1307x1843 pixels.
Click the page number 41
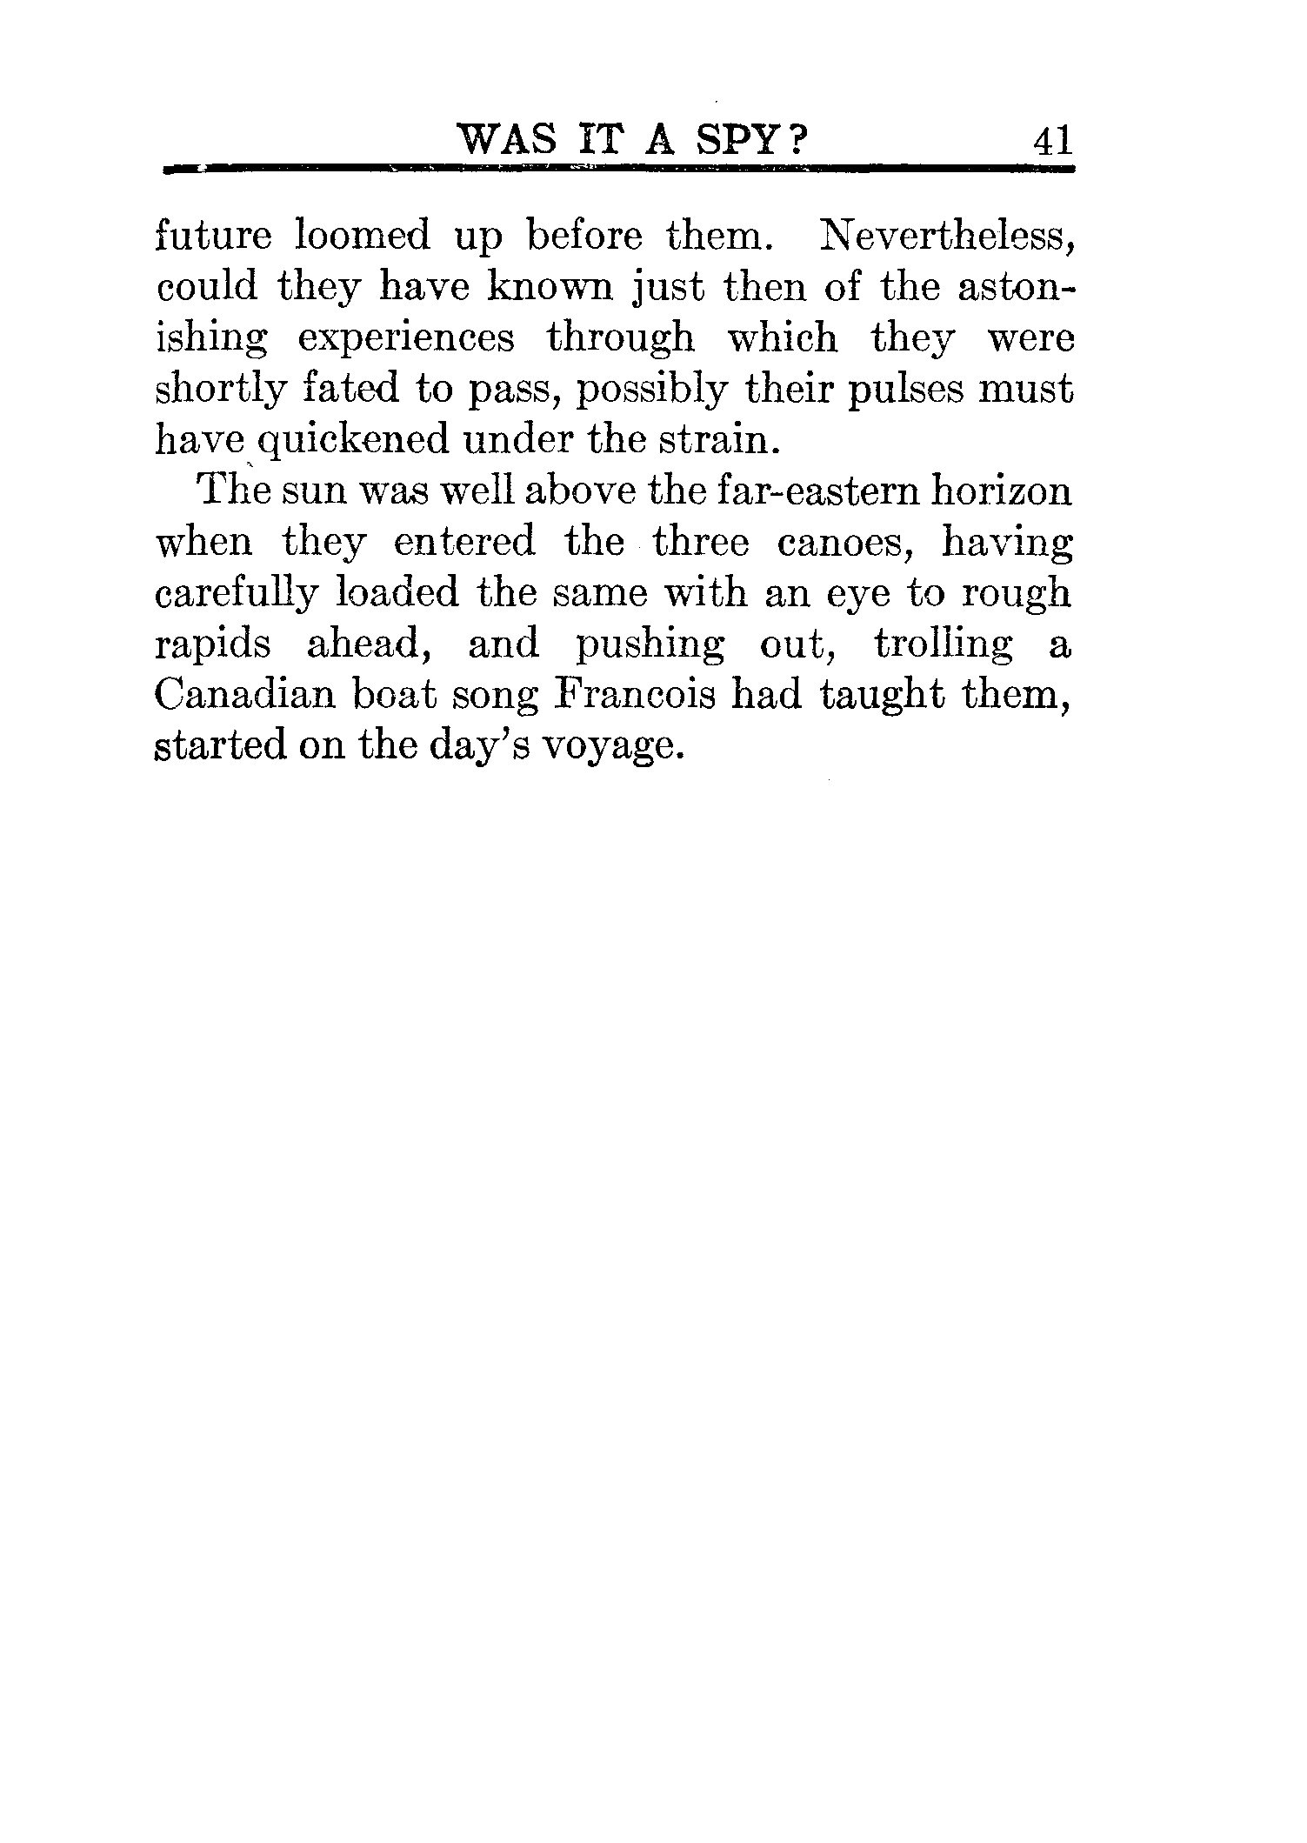tap(1051, 140)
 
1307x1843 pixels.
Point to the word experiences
tap(406, 339)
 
